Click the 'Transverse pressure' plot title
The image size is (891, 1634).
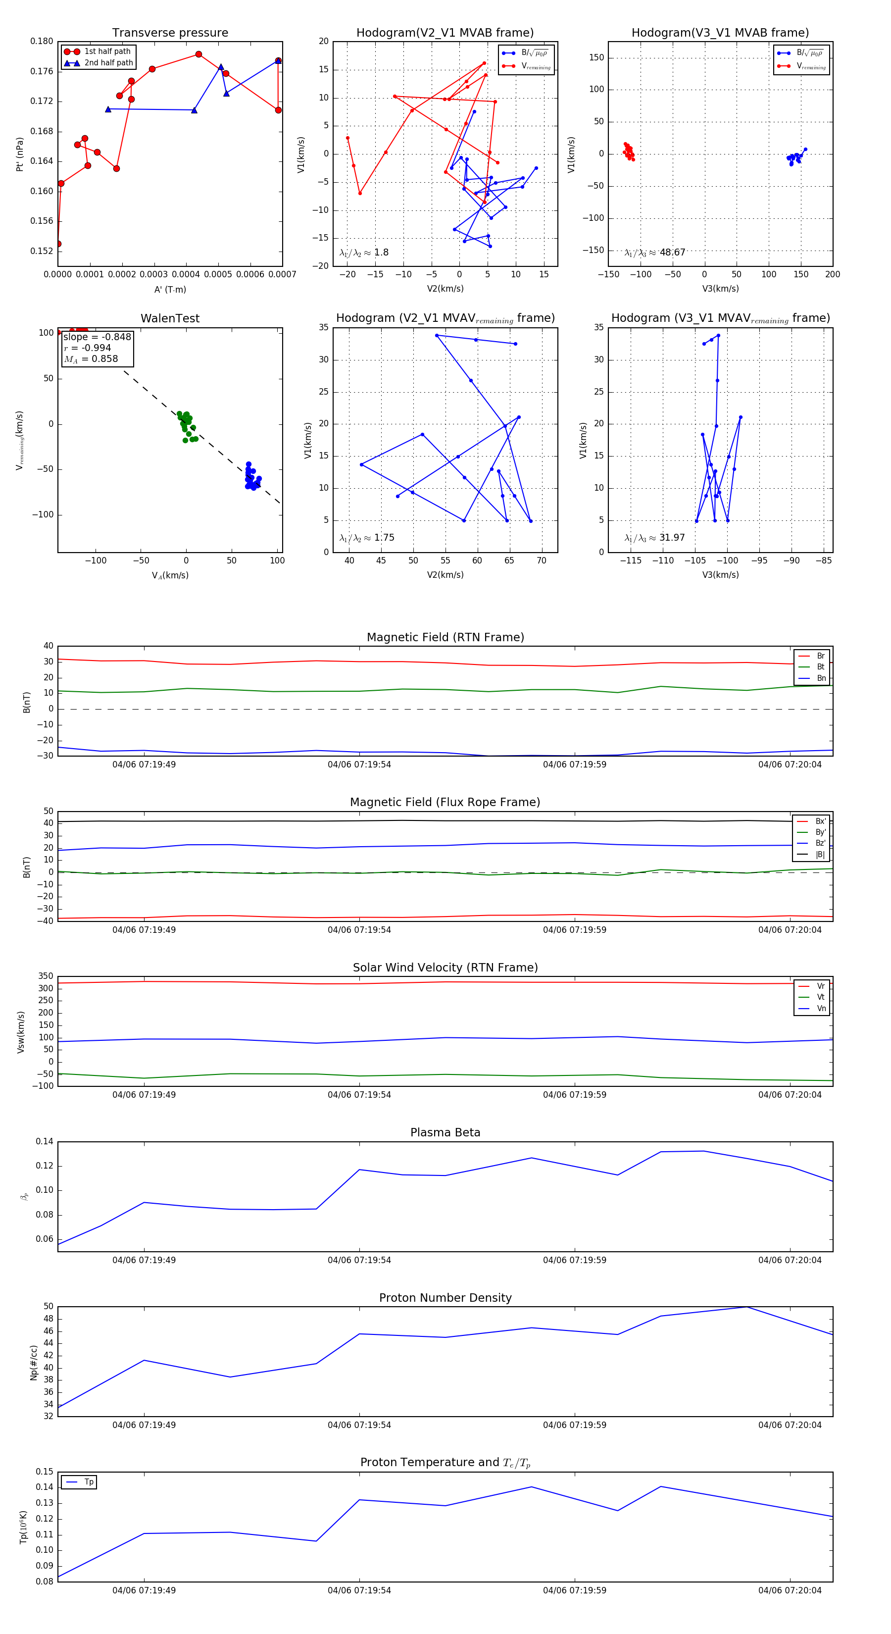coord(170,33)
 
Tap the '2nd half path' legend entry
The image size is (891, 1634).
coord(108,63)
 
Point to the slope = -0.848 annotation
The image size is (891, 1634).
coord(97,337)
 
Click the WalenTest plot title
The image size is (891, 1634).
coord(170,318)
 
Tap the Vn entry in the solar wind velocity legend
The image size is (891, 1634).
coord(821,1009)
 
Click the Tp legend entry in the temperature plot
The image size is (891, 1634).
coord(89,1482)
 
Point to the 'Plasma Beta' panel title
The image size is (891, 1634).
coord(445,1133)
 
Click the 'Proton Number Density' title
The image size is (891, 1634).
coord(445,1298)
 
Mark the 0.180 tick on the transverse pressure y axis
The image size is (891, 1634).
coord(42,42)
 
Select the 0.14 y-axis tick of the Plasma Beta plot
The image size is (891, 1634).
coord(45,1142)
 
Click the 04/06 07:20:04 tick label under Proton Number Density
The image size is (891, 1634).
coord(790,1425)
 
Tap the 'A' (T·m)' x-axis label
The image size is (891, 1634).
coord(170,290)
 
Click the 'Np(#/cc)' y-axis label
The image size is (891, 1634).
coord(34,1363)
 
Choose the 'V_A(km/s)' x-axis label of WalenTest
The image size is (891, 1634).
coord(170,575)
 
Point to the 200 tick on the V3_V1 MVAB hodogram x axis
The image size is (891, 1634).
coord(832,275)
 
